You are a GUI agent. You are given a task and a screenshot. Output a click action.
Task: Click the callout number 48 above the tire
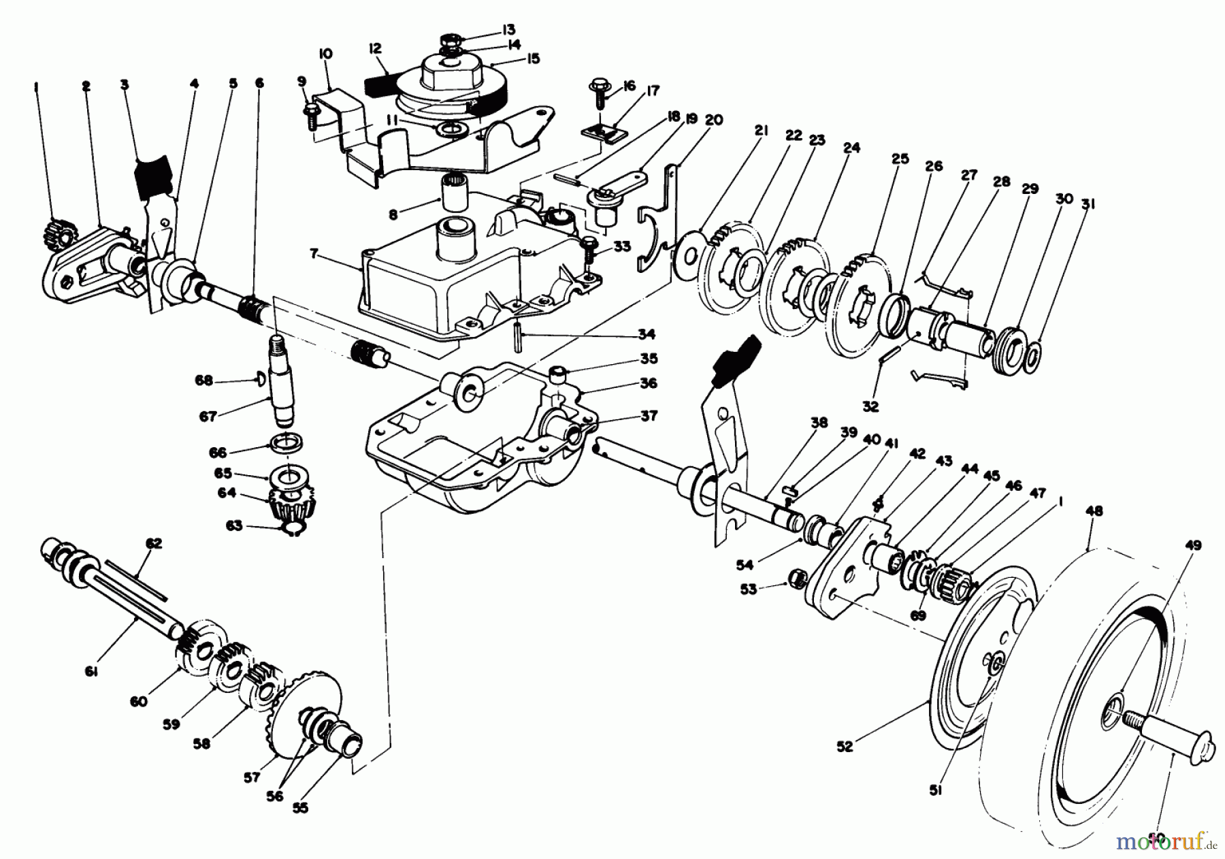click(1096, 511)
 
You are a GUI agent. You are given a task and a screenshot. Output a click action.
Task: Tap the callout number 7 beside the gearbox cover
click(314, 254)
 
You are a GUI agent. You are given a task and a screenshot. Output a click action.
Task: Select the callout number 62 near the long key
click(154, 543)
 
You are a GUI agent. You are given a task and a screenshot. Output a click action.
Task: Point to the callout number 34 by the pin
click(647, 334)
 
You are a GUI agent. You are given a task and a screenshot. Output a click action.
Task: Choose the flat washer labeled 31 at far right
click(1032, 354)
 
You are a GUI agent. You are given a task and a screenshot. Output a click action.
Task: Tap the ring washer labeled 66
click(290, 444)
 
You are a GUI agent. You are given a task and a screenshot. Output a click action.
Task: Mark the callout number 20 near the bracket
click(714, 120)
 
